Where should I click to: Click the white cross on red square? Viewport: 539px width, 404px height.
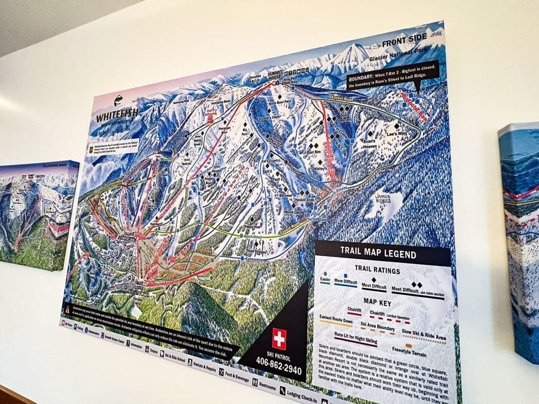[279, 339]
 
